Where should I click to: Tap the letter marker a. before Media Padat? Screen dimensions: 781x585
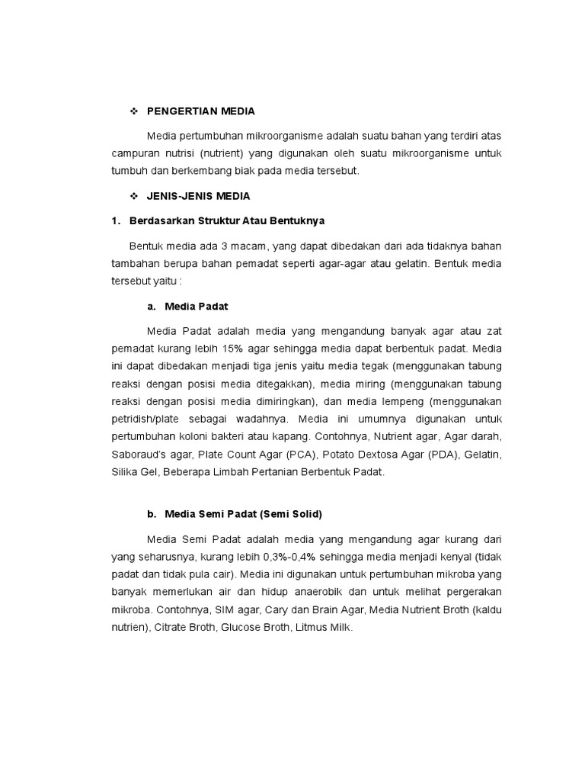(x=152, y=306)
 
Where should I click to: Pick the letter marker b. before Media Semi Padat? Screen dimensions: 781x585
(x=152, y=513)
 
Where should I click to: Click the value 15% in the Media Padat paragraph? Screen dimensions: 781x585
(x=233, y=349)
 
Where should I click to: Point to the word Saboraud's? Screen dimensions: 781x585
(x=138, y=455)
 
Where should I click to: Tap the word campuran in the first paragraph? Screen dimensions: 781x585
(x=134, y=153)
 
